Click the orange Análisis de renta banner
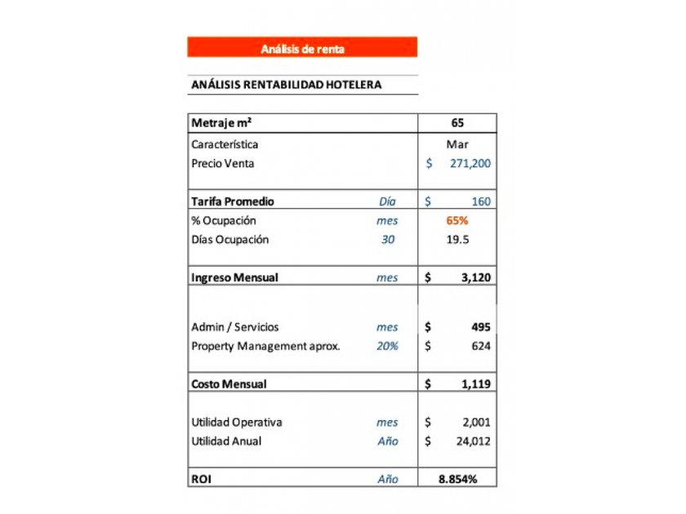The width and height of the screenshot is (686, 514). [302, 49]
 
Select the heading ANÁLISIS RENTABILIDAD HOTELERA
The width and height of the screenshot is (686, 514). [286, 85]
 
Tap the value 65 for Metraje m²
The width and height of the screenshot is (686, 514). [457, 123]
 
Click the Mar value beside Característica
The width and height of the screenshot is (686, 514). [457, 144]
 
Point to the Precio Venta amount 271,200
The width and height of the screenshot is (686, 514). [470, 163]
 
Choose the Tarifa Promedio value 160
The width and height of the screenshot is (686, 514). [480, 202]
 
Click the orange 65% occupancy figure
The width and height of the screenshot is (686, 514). [457, 220]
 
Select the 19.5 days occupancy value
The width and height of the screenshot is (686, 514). [457, 240]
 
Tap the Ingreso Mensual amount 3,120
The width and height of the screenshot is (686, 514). [475, 277]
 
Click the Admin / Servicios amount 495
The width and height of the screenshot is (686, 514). [481, 327]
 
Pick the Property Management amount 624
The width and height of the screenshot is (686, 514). [481, 346]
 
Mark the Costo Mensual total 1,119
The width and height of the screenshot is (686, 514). [475, 383]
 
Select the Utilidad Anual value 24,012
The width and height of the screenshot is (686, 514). [473, 441]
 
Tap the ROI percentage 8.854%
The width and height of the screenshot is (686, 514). [457, 479]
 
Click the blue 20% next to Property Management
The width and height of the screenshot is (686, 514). [387, 346]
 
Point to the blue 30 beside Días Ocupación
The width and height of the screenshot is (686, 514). [387, 240]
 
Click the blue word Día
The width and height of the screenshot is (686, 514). [387, 202]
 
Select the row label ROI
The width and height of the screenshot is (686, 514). [201, 479]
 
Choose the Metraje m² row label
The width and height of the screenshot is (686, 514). [221, 123]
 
